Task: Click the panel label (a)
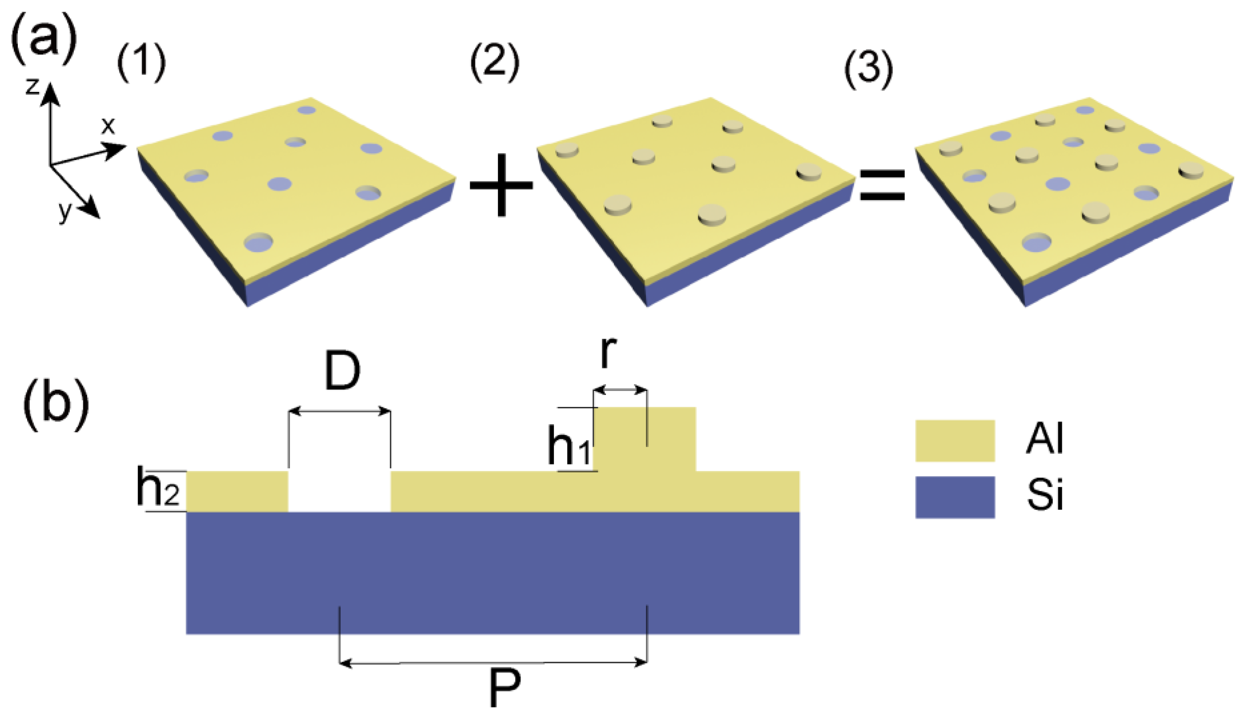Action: coord(44,39)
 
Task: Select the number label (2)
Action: coord(494,63)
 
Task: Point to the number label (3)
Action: coord(869,69)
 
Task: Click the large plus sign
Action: coord(501,185)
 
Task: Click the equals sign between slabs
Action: coord(882,185)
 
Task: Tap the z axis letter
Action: coord(32,86)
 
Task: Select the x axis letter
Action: coord(108,126)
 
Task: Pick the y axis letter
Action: coord(64,211)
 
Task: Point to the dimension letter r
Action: coord(609,353)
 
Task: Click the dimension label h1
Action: coord(569,446)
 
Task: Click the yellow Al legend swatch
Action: coord(955,440)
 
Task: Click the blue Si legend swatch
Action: coord(955,497)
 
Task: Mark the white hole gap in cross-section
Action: coord(339,491)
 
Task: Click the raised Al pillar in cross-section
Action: coord(644,439)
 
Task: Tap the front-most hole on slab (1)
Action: coord(259,242)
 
